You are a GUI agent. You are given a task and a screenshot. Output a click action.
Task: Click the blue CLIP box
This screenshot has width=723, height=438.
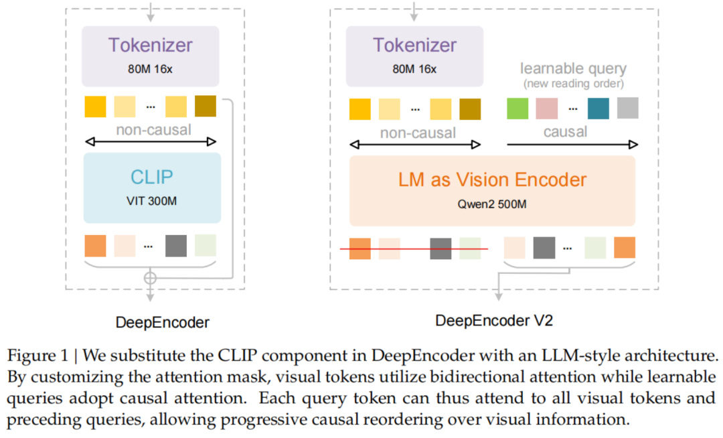151,188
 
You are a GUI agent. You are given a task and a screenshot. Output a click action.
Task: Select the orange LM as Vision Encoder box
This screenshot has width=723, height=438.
492,190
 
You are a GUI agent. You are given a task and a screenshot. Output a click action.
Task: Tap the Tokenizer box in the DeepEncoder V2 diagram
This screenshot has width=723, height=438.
414,56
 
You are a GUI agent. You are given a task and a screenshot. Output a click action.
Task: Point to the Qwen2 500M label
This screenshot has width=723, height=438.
492,204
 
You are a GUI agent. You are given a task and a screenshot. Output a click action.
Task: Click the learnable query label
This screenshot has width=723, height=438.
573,68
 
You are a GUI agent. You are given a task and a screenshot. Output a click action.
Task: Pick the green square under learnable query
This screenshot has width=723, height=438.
517,108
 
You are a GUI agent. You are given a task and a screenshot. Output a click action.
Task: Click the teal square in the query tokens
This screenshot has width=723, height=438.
598,108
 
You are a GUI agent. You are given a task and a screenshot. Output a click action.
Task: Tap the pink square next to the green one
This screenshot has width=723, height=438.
546,108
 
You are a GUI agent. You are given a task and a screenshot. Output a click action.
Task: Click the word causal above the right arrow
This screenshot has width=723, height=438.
565,132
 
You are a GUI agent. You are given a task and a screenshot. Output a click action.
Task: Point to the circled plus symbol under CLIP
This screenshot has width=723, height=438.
151,277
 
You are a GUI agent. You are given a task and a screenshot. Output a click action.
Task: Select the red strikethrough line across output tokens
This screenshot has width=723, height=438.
414,249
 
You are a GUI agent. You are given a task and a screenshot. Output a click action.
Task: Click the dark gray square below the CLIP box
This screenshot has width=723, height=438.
176,246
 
